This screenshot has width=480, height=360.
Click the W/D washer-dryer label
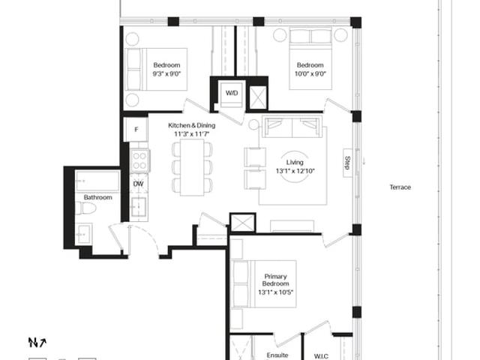(x=232, y=93)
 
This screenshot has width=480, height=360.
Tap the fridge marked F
(x=136, y=130)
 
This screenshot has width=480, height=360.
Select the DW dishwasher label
(x=138, y=184)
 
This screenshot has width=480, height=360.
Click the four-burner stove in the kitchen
(x=139, y=161)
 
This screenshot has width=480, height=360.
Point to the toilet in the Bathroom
(x=85, y=208)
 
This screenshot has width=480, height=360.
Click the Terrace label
(x=400, y=187)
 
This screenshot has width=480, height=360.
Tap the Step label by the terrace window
(x=347, y=163)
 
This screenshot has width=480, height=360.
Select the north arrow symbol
(x=37, y=343)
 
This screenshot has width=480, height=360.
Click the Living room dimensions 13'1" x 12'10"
(x=295, y=171)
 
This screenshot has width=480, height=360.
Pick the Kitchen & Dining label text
(x=192, y=125)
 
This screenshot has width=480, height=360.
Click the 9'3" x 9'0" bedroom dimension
(x=166, y=73)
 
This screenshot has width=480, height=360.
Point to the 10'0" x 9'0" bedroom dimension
(x=310, y=73)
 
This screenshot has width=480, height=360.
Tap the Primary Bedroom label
(x=275, y=280)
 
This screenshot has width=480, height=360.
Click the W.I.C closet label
(x=321, y=356)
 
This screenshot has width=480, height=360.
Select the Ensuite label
(x=277, y=355)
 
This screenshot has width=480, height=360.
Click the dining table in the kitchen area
(x=192, y=167)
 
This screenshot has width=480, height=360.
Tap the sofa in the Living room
(x=292, y=127)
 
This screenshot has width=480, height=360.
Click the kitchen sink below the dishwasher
(x=139, y=207)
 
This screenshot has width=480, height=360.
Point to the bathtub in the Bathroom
(x=97, y=181)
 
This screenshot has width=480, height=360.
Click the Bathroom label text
(x=98, y=197)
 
